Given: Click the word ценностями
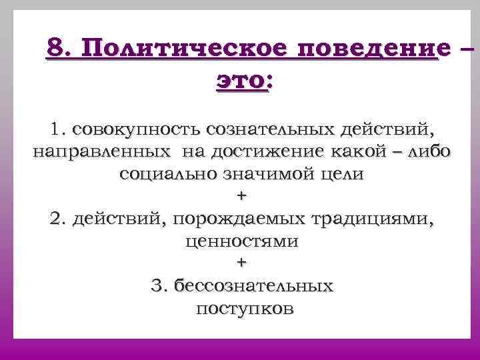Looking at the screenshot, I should coord(241,241).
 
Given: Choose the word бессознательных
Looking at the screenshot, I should coord(253,287).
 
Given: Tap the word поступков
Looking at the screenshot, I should coord(245,309).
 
